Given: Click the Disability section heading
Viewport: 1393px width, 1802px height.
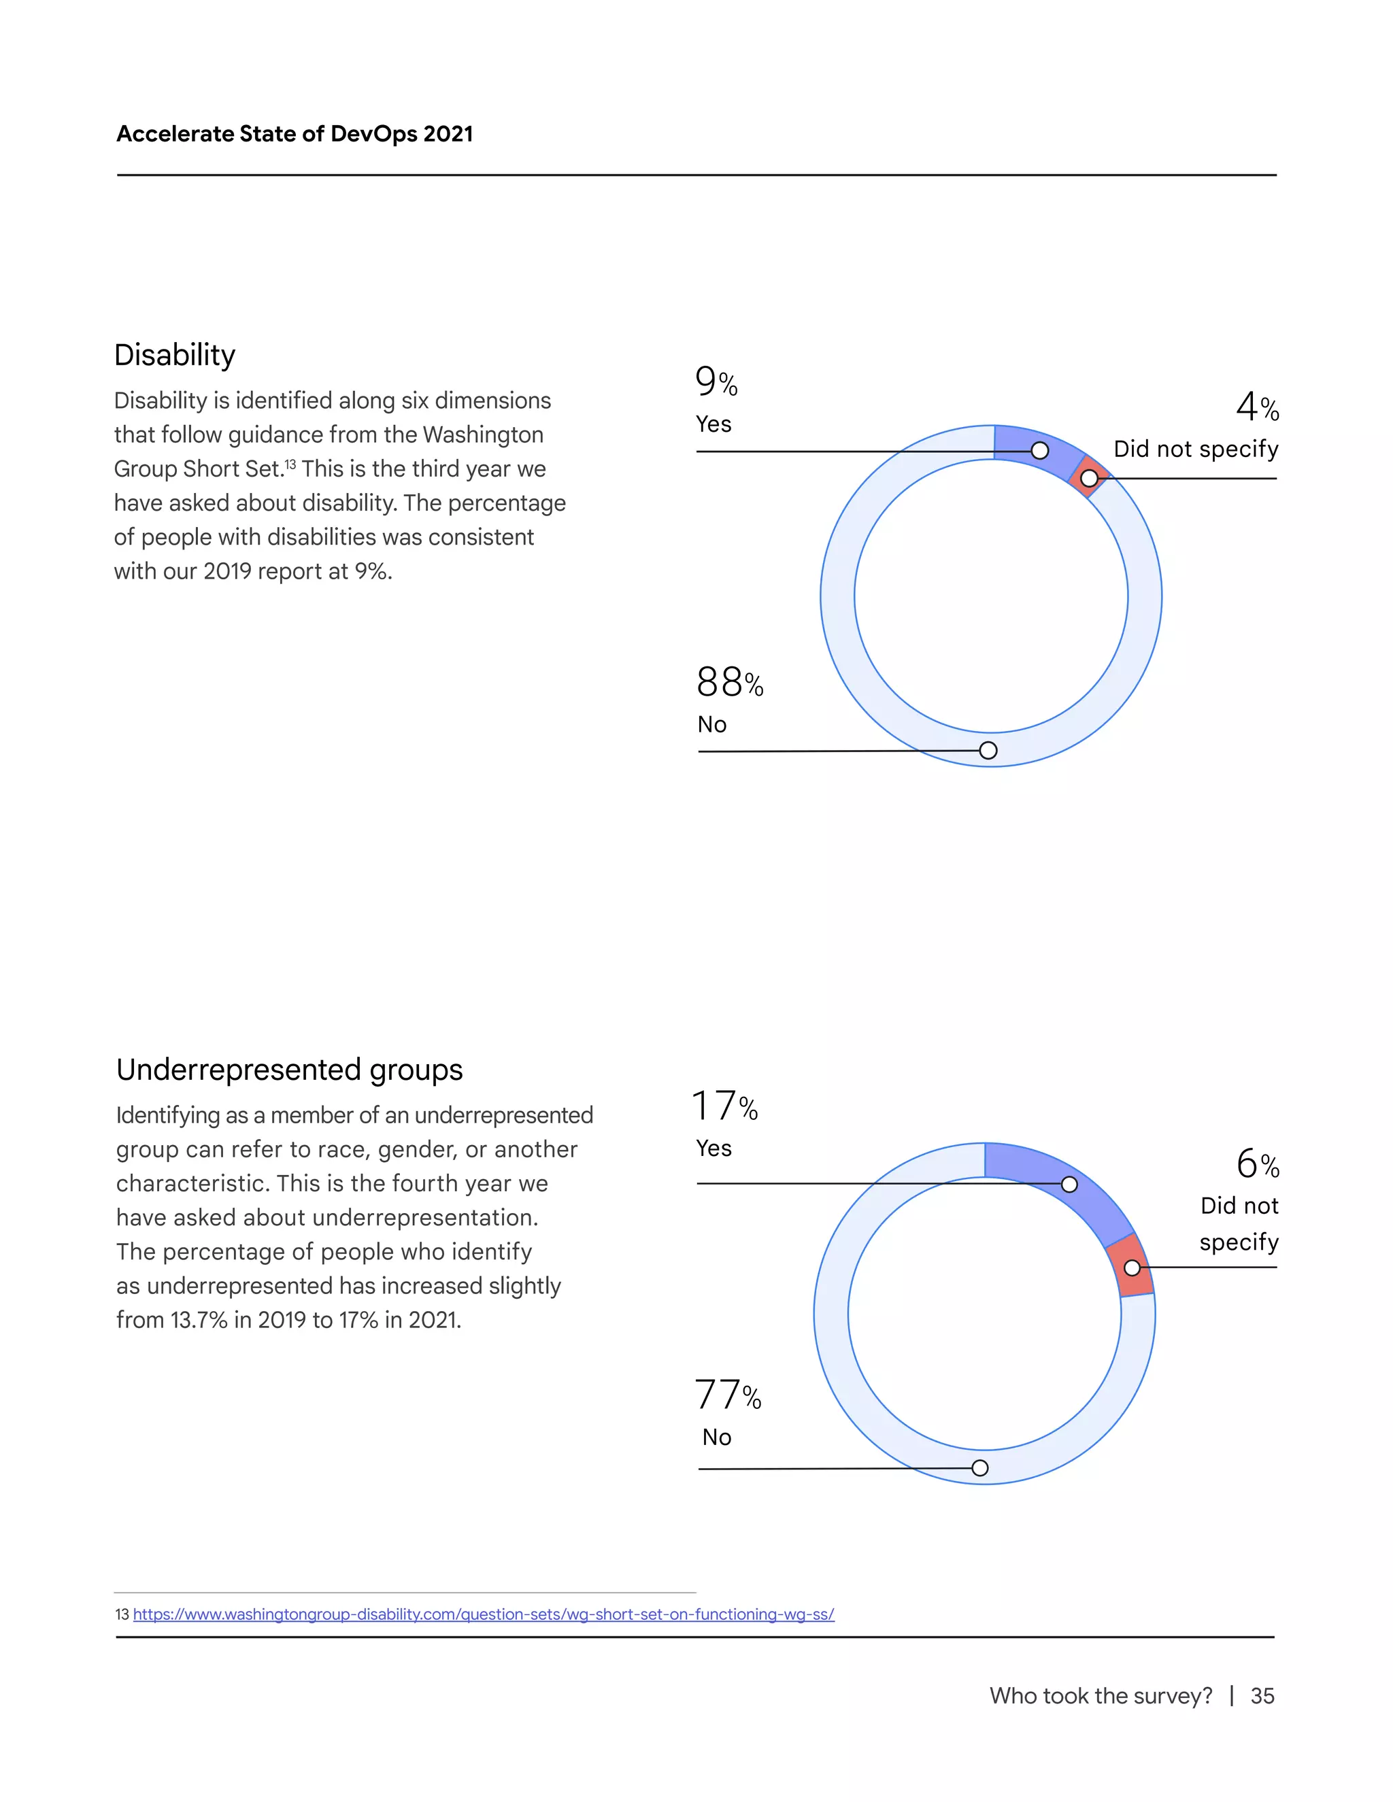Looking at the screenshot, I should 175,355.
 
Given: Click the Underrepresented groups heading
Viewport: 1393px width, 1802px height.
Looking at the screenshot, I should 289,1070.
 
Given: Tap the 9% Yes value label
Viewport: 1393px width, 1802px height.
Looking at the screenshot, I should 716,381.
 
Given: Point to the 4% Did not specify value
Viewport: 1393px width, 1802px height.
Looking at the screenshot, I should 1257,407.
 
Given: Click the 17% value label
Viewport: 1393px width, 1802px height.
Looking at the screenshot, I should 724,1106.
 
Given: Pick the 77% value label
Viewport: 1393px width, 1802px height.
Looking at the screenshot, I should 727,1395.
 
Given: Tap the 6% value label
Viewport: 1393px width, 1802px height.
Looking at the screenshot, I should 1257,1164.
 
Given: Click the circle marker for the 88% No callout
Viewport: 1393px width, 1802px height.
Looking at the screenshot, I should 988,750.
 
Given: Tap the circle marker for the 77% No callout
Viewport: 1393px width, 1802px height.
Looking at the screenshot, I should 979,1468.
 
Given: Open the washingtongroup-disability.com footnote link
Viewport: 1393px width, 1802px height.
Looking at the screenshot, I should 484,1614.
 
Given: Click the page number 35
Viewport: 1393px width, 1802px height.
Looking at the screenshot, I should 1262,1695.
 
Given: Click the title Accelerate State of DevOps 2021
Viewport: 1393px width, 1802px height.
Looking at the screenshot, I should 295,134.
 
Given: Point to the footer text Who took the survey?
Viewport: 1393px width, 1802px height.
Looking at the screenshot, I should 1101,1695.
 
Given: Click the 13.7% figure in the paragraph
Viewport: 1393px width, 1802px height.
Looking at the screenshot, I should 199,1319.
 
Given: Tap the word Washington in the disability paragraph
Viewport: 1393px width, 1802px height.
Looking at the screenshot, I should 483,434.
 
